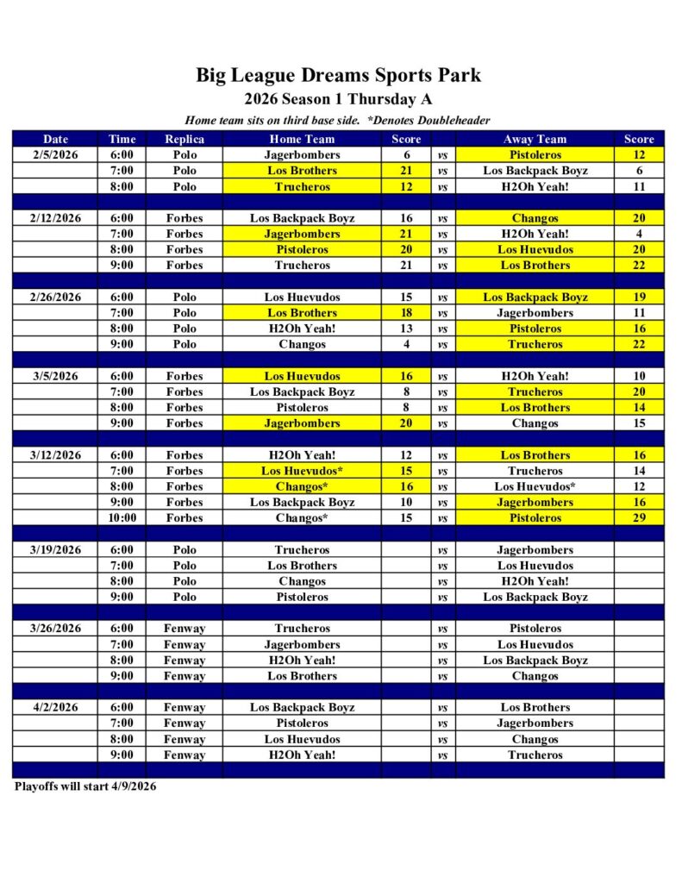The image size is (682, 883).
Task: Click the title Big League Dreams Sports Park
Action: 338,75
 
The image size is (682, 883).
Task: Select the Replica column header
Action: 185,139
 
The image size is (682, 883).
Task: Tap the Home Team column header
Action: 302,139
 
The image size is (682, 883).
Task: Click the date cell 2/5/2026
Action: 55,155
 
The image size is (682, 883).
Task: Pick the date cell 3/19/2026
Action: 55,550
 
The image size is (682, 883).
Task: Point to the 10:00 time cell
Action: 122,518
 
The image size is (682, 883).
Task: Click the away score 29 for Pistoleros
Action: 639,518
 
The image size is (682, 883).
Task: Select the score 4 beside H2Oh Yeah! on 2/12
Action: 639,234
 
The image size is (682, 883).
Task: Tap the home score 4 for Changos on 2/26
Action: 406,344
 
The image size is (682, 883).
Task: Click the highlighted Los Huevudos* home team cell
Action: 302,471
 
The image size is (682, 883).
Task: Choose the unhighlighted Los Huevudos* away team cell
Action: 535,486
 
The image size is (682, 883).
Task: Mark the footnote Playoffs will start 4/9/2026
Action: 85,786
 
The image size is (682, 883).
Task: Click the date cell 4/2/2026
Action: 55,708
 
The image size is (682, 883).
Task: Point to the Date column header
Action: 55,139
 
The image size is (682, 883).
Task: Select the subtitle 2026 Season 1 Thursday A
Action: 338,99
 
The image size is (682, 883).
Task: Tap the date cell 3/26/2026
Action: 55,629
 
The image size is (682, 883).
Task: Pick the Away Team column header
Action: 535,139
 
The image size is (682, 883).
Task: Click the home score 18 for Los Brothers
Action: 406,313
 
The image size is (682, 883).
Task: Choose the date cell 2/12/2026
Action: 55,218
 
